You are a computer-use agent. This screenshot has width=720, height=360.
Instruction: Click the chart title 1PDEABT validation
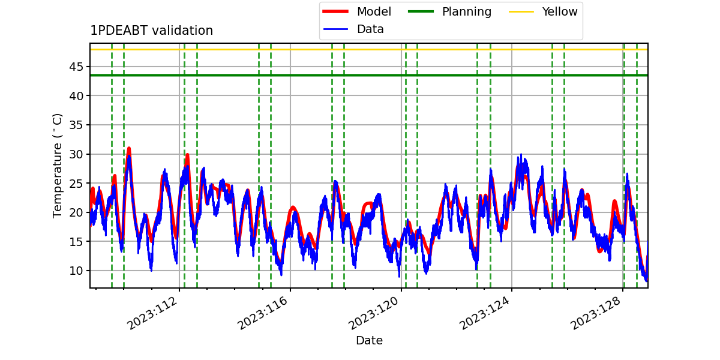(x=151, y=31)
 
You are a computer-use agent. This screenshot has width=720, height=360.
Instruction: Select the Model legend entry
(x=357, y=11)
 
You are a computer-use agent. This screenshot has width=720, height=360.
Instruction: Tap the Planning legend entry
(x=449, y=11)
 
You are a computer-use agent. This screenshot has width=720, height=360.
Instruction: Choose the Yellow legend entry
(x=543, y=11)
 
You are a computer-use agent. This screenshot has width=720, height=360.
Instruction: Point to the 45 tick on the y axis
(x=76, y=67)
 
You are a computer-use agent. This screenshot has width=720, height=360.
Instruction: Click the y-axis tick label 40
(x=76, y=96)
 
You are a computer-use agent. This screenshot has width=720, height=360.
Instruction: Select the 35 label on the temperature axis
(x=76, y=125)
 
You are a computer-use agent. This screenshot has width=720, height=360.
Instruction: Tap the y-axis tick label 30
(x=76, y=154)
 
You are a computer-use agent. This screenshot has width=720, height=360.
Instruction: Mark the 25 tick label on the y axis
(x=76, y=183)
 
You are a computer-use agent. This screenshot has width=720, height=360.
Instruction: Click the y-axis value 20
(x=76, y=212)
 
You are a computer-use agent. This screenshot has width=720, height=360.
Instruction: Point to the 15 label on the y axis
(x=76, y=241)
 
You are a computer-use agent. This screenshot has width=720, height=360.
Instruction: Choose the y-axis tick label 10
(x=76, y=271)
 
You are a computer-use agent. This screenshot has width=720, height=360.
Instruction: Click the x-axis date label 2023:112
(x=152, y=313)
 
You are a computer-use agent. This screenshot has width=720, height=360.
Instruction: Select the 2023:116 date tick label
(x=263, y=313)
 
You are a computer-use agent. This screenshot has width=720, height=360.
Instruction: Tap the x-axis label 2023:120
(x=373, y=313)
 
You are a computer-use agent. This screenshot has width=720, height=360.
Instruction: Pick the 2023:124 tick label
(x=484, y=313)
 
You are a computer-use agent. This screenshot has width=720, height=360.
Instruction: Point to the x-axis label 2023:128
(x=595, y=313)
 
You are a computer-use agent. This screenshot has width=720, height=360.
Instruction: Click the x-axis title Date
(x=370, y=340)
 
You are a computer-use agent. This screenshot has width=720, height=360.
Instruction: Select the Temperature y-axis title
(x=57, y=166)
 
